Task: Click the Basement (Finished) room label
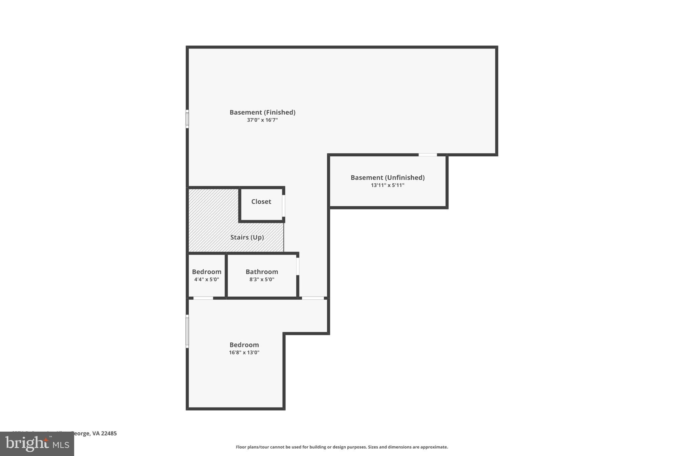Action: click(x=262, y=112)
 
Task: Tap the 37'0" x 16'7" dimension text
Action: click(x=262, y=120)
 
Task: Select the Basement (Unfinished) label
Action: click(x=387, y=177)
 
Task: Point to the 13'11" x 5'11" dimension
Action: click(x=387, y=185)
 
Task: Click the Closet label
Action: click(x=261, y=201)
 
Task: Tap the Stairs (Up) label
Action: click(x=247, y=237)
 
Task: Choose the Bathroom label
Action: click(x=262, y=272)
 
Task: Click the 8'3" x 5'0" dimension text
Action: click(x=262, y=279)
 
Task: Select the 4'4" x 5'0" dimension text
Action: click(x=206, y=279)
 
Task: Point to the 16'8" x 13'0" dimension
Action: click(x=244, y=352)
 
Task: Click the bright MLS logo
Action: click(x=37, y=444)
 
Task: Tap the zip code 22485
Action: click(x=109, y=433)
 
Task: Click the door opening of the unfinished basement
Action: click(x=427, y=155)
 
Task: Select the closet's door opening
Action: click(x=284, y=205)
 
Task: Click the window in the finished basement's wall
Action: click(x=187, y=119)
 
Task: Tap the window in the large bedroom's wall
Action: click(x=187, y=331)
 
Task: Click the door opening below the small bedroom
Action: click(x=203, y=298)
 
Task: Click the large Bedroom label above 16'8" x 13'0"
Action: click(x=244, y=345)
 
